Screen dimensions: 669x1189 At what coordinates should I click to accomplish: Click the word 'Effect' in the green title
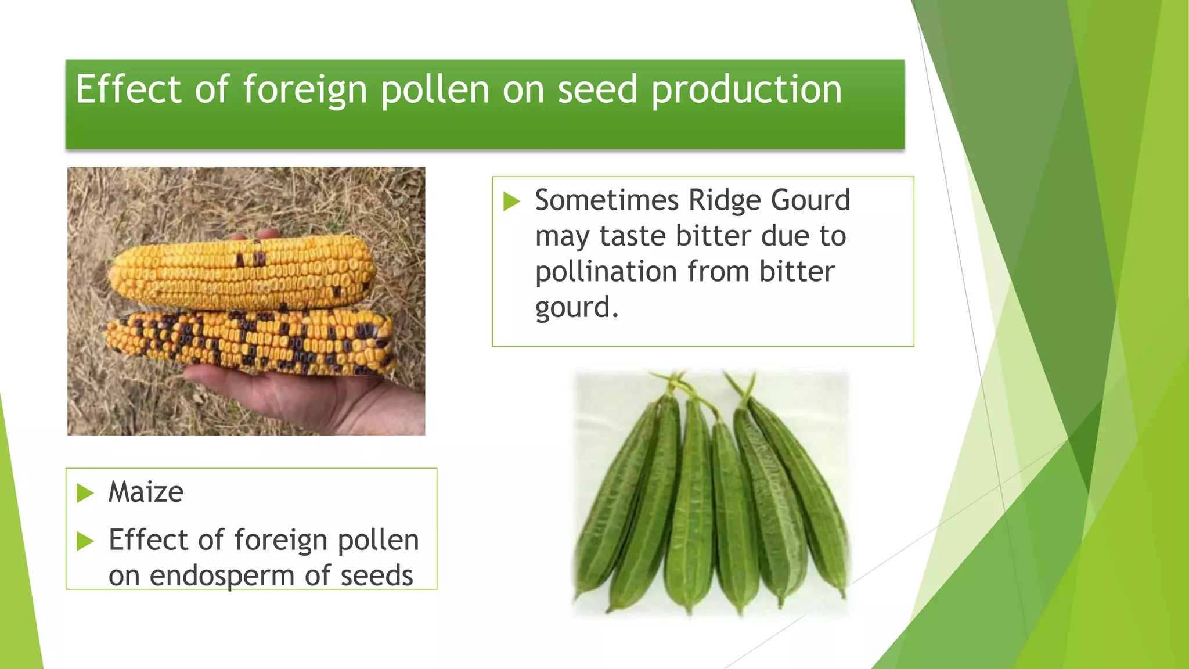pyautogui.click(x=128, y=89)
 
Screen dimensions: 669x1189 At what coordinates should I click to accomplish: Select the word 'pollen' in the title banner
pyautogui.click(x=435, y=91)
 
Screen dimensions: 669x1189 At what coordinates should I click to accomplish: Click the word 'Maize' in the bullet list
pyautogui.click(x=146, y=492)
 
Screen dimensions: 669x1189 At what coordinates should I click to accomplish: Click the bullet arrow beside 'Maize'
pyautogui.click(x=85, y=494)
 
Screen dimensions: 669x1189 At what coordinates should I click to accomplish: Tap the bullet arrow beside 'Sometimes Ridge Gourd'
pyautogui.click(x=511, y=202)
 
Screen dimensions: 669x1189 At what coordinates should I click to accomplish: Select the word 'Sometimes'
pyautogui.click(x=607, y=200)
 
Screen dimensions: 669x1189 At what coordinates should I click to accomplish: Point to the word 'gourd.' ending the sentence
pyautogui.click(x=577, y=308)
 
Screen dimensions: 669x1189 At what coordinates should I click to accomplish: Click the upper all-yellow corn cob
pyautogui.click(x=241, y=274)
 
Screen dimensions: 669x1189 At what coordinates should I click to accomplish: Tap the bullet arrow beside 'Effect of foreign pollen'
pyautogui.click(x=85, y=541)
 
